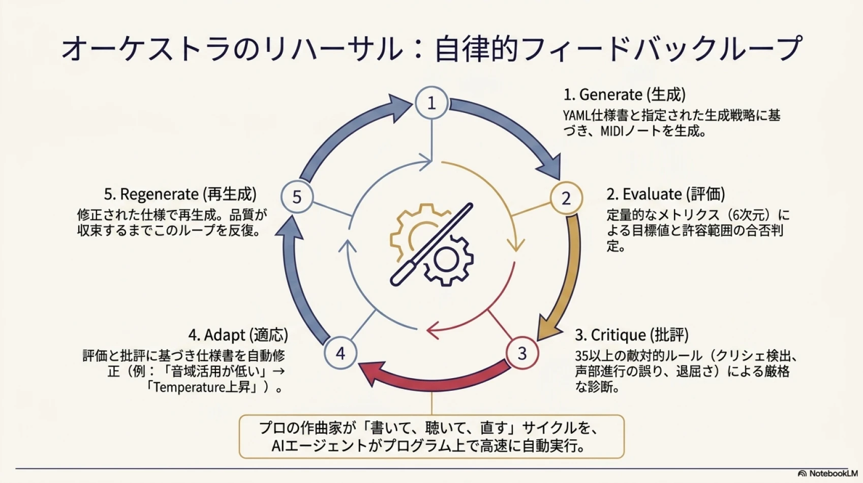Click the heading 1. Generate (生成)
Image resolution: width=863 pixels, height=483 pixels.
pos(625,95)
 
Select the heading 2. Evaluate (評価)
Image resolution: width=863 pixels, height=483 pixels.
pos(666,194)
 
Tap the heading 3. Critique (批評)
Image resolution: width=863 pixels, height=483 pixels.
pos(632,335)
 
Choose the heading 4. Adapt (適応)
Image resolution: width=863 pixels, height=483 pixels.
pos(238,335)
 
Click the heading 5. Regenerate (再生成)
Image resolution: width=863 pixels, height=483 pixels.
pos(180,194)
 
